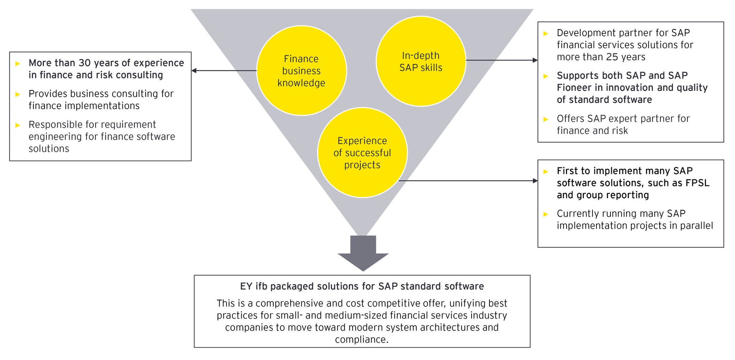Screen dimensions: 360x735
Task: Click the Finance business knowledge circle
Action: coord(301,71)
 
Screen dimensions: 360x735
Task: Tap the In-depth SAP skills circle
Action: coord(421,61)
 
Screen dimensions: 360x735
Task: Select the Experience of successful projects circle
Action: coord(362,153)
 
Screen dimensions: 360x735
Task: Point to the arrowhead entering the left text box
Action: coord(194,71)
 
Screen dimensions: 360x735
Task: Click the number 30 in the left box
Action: coord(85,63)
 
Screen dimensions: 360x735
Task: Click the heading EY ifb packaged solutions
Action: coord(362,286)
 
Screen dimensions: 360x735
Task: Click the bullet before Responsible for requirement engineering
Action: coord(18,125)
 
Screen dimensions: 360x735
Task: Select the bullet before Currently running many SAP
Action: coord(546,214)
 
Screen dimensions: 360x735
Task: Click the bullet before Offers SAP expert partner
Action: coord(546,119)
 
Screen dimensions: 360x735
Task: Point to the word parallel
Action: coord(696,225)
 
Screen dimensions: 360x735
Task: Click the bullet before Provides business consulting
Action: coord(18,94)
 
